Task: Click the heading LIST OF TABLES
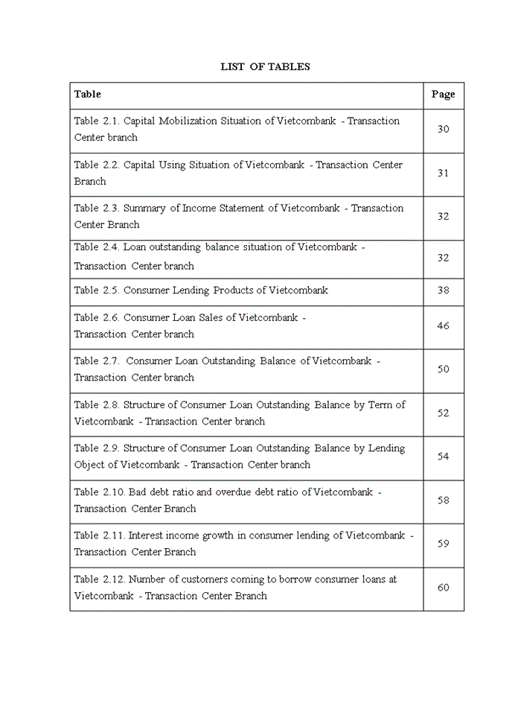265,67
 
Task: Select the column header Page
443,95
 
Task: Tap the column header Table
87,94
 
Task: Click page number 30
443,129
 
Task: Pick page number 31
443,173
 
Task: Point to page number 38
443,290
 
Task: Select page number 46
443,325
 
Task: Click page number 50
443,369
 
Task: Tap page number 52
443,413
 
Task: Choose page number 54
443,457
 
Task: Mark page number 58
443,500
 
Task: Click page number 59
443,544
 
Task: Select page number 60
443,588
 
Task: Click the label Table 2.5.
97,290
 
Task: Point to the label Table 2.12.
100,579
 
